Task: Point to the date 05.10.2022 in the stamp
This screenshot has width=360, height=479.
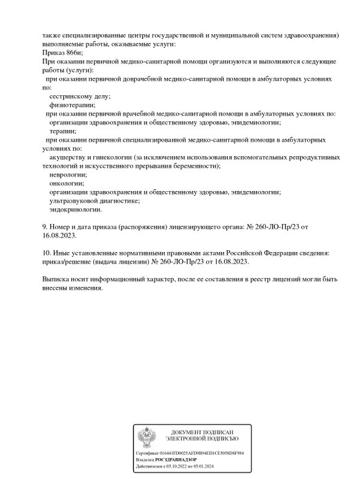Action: (172, 466)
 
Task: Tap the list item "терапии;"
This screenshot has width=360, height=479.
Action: (63, 130)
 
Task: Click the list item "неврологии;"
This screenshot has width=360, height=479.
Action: (68, 174)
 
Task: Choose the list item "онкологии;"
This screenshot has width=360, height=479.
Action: (66, 183)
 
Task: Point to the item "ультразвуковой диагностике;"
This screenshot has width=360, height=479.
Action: (95, 201)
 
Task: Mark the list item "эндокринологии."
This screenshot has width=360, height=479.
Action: (76, 210)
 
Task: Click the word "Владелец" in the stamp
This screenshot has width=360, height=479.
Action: (145, 460)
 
